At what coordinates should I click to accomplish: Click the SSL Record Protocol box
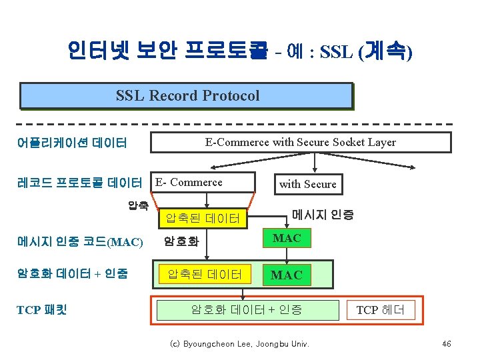(186, 95)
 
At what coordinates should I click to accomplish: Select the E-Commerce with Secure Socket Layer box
(300, 142)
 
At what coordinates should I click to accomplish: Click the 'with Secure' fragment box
(307, 184)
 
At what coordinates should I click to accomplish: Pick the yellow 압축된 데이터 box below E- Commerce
(203, 217)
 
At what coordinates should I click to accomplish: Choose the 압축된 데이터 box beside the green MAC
(203, 274)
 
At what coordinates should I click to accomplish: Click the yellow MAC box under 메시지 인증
(287, 238)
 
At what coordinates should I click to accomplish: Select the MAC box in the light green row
(287, 274)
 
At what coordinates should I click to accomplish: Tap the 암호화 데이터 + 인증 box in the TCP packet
(247, 309)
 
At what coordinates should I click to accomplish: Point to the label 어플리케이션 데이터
(73, 143)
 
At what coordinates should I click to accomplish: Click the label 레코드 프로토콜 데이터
(79, 183)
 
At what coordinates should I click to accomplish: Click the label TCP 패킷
(45, 309)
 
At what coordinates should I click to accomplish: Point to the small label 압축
(138, 205)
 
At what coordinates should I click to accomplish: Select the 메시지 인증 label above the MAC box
(323, 215)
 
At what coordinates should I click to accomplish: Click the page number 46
(446, 344)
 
